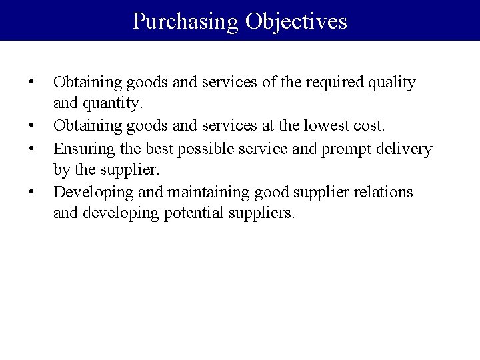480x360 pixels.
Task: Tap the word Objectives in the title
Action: click(296, 21)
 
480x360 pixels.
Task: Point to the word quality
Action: click(391, 83)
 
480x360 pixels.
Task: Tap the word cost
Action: click(369, 125)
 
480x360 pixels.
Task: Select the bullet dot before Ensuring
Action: click(31, 147)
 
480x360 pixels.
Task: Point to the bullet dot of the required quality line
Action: click(31, 83)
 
